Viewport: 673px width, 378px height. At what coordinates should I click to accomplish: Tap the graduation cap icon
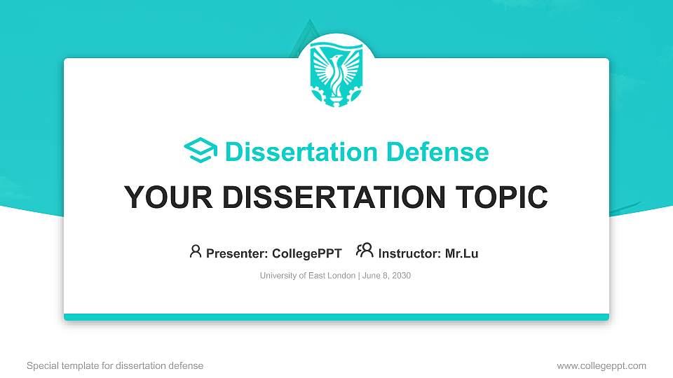[200, 151]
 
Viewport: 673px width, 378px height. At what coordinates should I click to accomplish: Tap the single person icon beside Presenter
[196, 251]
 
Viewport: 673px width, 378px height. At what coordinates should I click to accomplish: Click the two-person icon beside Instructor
[365, 251]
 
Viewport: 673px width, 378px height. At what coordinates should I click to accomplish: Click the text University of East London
[308, 276]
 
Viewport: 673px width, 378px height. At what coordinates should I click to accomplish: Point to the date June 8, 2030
[386, 276]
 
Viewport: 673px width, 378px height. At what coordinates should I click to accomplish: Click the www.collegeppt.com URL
[601, 365]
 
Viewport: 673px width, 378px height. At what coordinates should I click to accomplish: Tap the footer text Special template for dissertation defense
[115, 365]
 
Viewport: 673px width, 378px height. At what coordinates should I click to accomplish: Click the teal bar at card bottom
[336, 317]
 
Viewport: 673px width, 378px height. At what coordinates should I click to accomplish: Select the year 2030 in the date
[401, 276]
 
